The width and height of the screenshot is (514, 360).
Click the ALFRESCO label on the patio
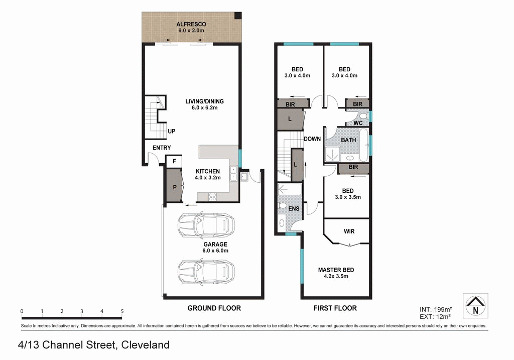click(191, 24)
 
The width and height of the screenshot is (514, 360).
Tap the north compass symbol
click(475, 306)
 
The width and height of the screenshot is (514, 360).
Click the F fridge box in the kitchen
click(174, 161)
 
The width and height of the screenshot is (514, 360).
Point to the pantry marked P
click(174, 186)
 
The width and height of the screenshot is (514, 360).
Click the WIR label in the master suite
click(349, 231)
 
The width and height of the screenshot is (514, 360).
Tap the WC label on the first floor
click(358, 123)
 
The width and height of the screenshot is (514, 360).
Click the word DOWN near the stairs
click(312, 139)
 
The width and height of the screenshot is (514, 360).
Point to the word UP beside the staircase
click(172, 131)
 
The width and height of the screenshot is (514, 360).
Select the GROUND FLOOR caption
click(214, 308)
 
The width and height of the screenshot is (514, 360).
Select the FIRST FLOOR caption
click(335, 308)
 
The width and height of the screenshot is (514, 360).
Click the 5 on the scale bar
click(122, 311)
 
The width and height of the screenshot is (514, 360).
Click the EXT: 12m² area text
click(435, 316)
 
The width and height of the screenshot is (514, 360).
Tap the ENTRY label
click(161, 148)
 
